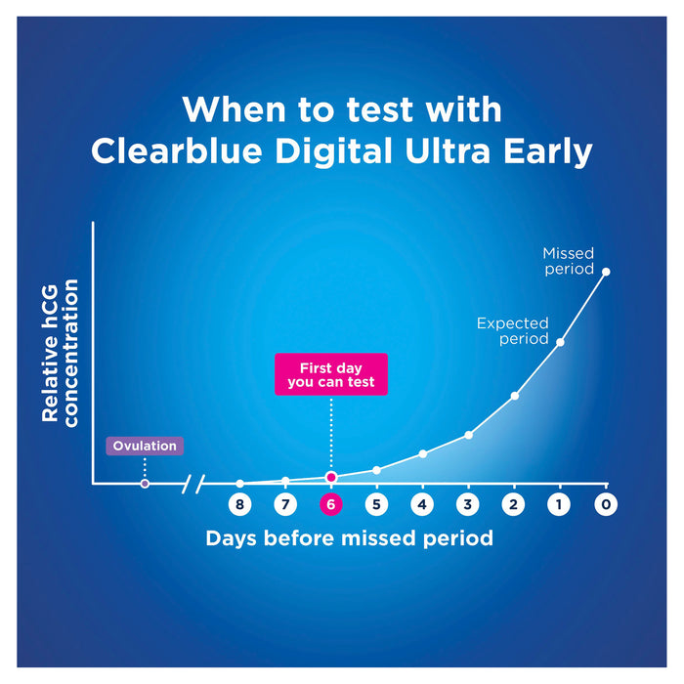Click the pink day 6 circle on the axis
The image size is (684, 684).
point(330,505)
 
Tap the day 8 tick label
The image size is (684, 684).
point(239,505)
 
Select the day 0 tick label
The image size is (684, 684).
point(606,505)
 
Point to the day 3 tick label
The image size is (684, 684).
point(468,505)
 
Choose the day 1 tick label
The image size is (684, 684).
point(560,505)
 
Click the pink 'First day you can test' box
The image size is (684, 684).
point(331,375)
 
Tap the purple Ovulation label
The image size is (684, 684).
point(145,447)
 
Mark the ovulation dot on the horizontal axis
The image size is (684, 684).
point(145,483)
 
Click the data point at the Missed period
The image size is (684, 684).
point(606,272)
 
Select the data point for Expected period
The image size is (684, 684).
point(560,341)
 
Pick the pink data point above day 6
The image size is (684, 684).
point(331,477)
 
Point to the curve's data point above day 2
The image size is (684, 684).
point(514,396)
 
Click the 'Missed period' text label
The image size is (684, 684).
point(568,261)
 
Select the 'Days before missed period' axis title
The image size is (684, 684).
point(349,538)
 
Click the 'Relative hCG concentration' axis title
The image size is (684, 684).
point(59,350)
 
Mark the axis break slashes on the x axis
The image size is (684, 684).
point(199,483)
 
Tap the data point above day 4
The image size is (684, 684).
point(422,453)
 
